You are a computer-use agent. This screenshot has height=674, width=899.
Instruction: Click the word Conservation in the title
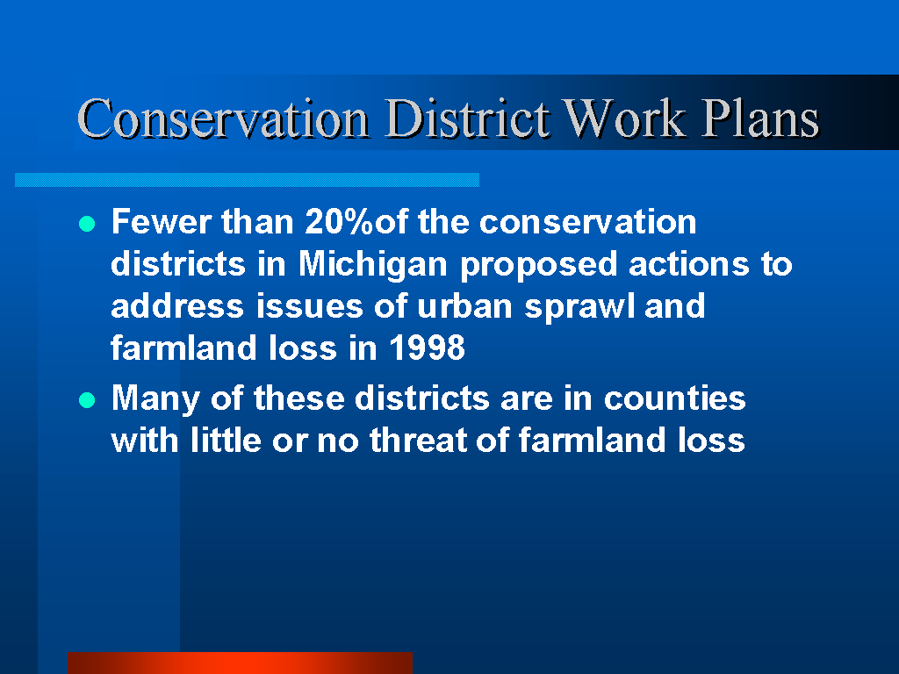[x=223, y=118]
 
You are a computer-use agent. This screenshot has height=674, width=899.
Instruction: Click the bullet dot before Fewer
[x=87, y=224]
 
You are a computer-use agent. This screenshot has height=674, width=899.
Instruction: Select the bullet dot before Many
[x=87, y=399]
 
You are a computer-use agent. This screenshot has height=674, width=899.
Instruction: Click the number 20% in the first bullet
[x=339, y=221]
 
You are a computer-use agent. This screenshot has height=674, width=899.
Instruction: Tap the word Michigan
[x=372, y=265]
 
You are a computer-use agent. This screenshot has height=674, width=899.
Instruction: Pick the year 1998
[x=428, y=348]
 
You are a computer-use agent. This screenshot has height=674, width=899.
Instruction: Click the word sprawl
[x=579, y=307]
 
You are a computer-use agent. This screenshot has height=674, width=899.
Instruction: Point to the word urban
[x=464, y=306]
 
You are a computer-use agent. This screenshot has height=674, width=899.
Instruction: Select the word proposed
[x=538, y=265]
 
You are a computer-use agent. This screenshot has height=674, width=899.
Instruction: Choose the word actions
[x=688, y=264]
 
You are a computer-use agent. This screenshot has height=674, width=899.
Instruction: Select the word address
[x=177, y=306]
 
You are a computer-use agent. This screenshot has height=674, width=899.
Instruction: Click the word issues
[x=309, y=306]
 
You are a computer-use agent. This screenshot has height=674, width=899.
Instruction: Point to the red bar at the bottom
[x=240, y=663]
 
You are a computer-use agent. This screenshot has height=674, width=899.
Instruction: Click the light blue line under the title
[x=247, y=180]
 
